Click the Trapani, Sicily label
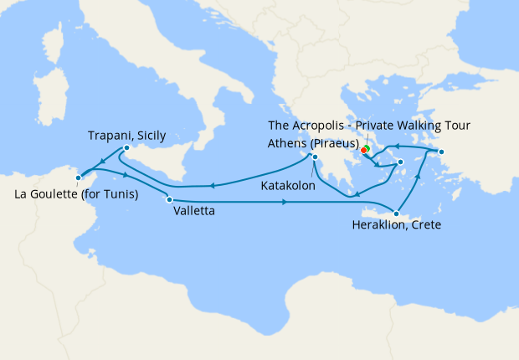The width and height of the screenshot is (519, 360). point(127,135)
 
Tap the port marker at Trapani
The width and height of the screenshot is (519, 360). point(126,149)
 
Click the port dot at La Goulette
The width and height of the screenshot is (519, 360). point(78,177)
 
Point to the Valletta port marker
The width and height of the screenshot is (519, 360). point(170,199)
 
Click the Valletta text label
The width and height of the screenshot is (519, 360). point(193,212)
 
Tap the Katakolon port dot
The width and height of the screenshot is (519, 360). point(315,156)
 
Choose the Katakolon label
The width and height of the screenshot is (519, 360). point(288,185)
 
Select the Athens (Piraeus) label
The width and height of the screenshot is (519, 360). point(313,141)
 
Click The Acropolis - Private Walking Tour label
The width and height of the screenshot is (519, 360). point(368,126)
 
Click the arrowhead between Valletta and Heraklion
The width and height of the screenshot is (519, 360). point(286,203)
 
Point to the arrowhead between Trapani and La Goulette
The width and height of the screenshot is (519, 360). point(100,162)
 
